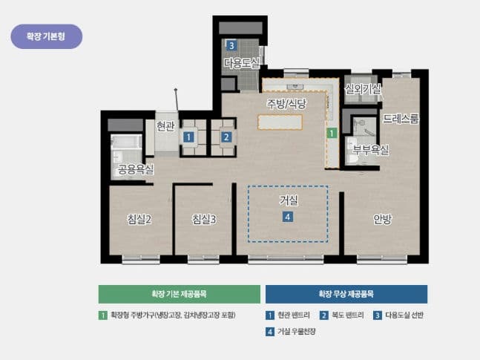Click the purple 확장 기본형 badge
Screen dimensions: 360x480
pos(46,36)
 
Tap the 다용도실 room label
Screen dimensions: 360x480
pos(242,64)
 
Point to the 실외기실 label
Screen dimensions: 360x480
pos(364,89)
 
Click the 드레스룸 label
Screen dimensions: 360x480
pos(401,118)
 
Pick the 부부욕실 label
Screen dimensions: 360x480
pos(370,150)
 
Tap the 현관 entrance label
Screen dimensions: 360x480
pos(165,126)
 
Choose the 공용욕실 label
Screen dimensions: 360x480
pos(136,170)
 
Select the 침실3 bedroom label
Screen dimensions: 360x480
pos(203,219)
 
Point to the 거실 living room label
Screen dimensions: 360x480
pos(288,200)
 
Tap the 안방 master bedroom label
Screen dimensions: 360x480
pos(382,219)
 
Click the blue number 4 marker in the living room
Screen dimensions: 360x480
pos(288,217)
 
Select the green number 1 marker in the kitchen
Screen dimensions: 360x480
pos(332,133)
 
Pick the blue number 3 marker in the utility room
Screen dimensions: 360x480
pos(231,46)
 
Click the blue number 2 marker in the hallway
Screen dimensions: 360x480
pos(226,137)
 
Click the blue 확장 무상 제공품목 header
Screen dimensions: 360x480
pos(346,294)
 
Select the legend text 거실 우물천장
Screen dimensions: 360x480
pos(296,332)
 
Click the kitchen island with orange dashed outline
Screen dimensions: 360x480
pos(280,122)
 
